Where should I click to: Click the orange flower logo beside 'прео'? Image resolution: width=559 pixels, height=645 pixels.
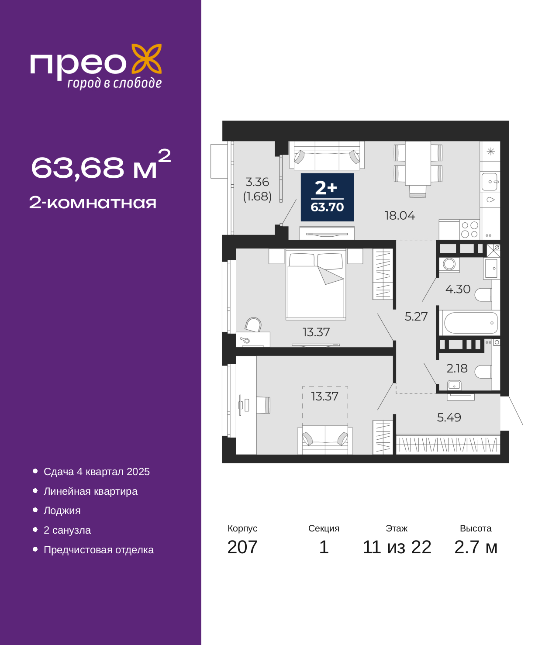146,59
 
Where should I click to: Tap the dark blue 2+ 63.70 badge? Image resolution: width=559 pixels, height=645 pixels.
327,197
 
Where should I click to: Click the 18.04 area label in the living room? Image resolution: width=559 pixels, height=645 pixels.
400,215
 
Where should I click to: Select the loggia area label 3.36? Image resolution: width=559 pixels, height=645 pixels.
257,182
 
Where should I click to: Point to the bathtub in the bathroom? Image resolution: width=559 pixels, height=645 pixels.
471,323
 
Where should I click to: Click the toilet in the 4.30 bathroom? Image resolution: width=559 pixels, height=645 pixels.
483,295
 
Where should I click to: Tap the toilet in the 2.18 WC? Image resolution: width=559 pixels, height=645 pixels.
483,372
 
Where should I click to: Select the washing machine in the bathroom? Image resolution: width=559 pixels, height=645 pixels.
449,264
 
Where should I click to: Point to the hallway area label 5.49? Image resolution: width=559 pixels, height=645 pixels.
449,417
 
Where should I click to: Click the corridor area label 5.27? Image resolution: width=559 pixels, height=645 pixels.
416,317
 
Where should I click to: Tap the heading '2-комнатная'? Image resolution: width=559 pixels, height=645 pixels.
93,203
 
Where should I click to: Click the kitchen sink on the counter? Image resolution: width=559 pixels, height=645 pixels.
490,182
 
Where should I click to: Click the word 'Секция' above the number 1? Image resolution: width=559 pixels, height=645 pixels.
324,528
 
